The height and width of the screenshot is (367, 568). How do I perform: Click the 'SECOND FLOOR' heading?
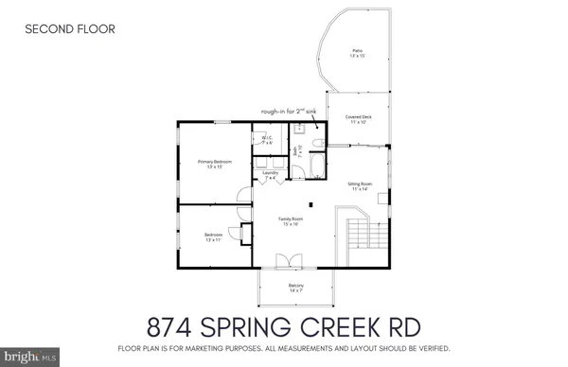pos(70,29)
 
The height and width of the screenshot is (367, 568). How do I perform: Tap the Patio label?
pos(357,54)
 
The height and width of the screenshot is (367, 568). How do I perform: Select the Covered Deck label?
pos(357,119)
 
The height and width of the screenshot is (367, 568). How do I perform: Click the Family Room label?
pos(289,221)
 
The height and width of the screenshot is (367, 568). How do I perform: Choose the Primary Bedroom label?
pos(215,165)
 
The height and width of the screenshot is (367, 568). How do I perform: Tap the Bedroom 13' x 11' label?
pos(214,237)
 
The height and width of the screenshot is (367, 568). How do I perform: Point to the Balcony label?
pos(296,288)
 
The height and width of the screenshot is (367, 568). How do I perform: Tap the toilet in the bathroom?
pos(318,144)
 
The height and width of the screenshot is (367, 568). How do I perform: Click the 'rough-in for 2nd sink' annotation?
pos(293,111)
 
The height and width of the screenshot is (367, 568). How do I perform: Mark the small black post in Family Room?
pos(311,203)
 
